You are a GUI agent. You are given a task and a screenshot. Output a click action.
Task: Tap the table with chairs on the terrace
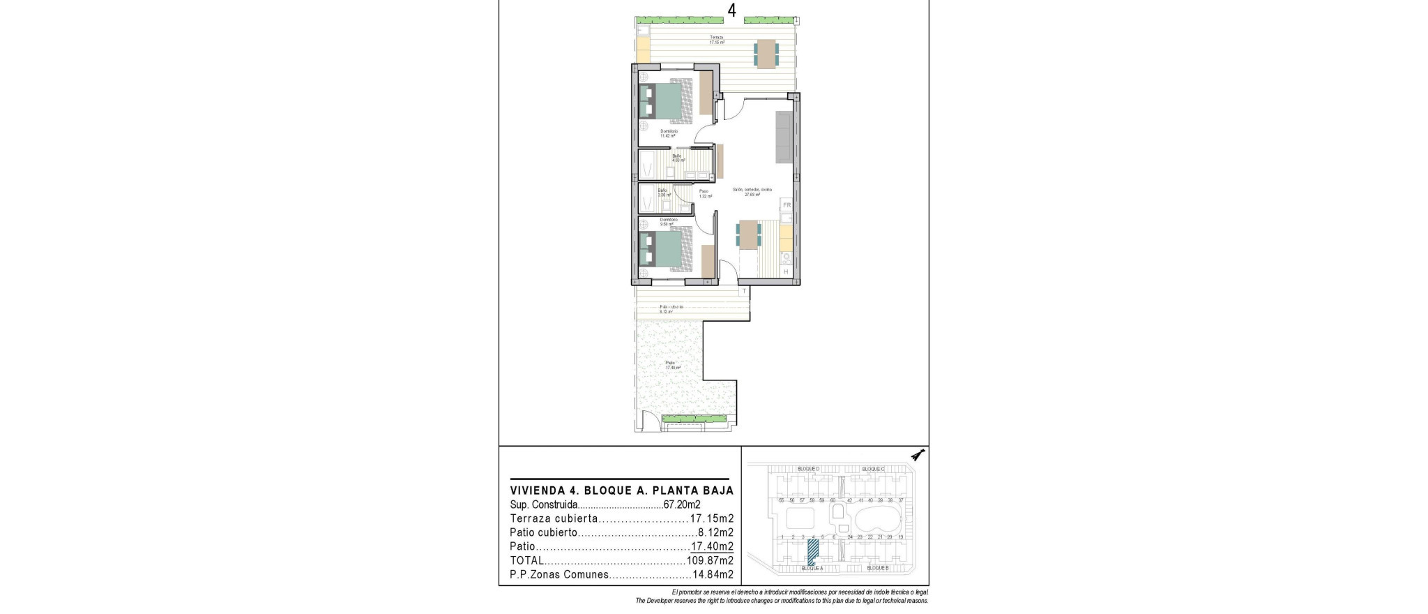766,54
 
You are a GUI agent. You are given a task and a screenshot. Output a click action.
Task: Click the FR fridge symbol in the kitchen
787,205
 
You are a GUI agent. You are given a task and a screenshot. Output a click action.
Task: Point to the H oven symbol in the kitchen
787,271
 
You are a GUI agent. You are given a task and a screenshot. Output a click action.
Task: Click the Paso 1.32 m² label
704,193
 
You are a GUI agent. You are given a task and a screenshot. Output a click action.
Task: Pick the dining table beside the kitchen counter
749,234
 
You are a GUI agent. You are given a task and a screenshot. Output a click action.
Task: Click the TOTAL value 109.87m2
709,561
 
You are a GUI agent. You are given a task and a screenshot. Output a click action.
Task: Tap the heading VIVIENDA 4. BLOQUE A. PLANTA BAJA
622,491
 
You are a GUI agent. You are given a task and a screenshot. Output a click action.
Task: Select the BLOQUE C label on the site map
873,469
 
